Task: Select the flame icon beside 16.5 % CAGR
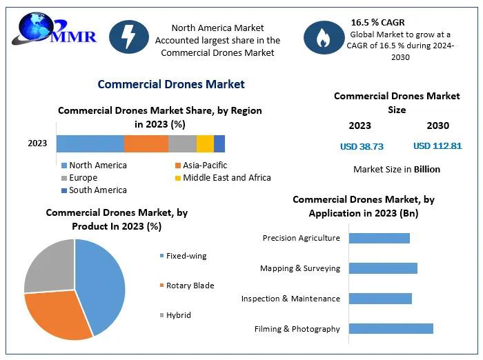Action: (x=322, y=39)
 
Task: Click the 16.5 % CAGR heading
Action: (x=377, y=22)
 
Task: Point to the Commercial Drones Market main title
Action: (x=171, y=84)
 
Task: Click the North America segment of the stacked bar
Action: (x=90, y=143)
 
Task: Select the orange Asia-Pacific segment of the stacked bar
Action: (x=146, y=143)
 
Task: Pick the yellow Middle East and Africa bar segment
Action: (x=205, y=143)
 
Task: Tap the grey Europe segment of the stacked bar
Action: (x=182, y=143)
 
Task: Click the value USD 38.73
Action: (x=362, y=146)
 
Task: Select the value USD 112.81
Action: (x=437, y=146)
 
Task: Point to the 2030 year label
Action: (x=437, y=126)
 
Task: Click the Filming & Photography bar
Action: (x=391, y=328)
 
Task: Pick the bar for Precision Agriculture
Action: (x=379, y=238)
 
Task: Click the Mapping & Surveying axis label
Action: (x=300, y=268)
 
